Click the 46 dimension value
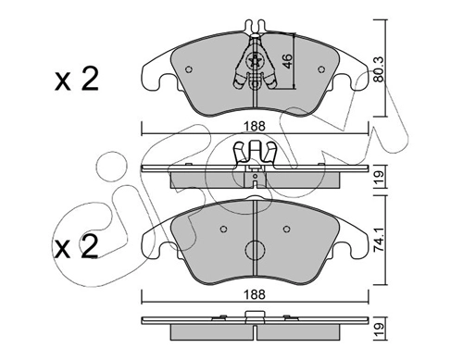[x=287, y=62]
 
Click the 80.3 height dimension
[x=378, y=69]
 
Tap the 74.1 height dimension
[x=379, y=240]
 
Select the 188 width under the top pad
[x=255, y=126]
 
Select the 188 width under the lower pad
[x=255, y=294]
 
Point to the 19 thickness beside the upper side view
[x=379, y=177]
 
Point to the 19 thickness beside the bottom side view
[x=379, y=329]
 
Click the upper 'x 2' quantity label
[x=77, y=79]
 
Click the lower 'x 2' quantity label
[x=76, y=247]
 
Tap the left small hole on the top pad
[x=189, y=69]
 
